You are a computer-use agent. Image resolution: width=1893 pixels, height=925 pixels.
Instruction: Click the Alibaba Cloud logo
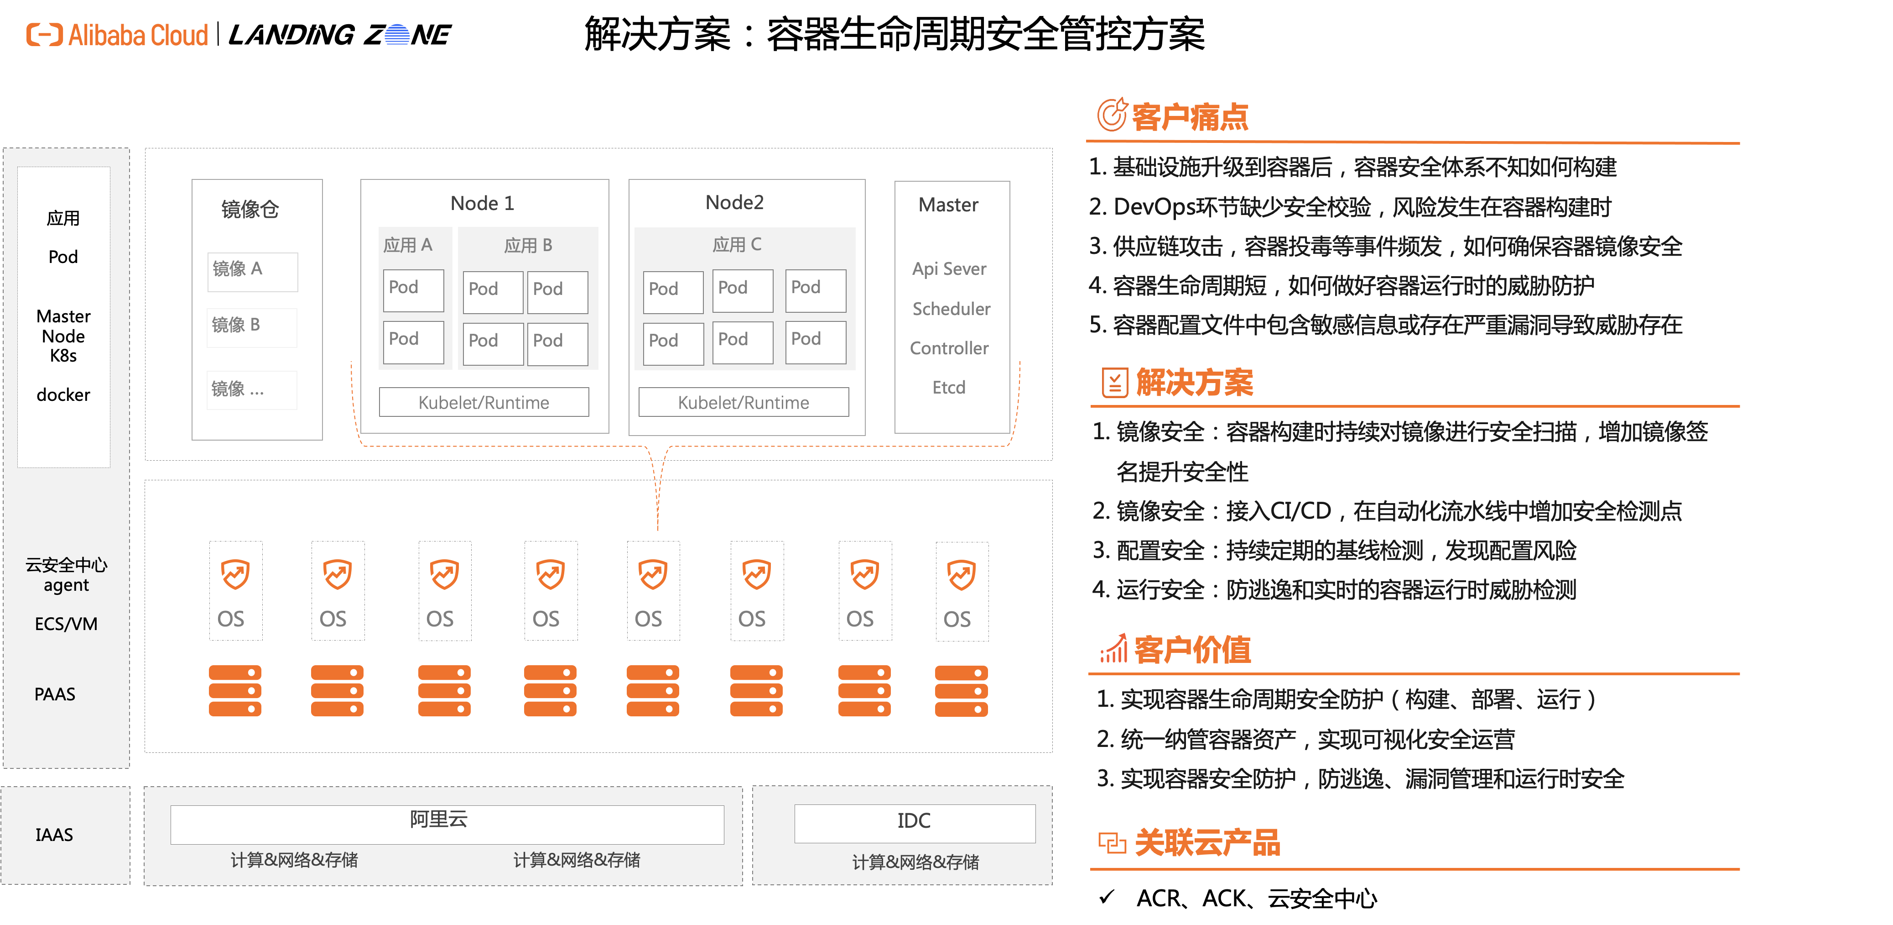[x=118, y=35]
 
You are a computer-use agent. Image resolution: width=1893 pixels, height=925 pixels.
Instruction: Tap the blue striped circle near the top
[x=397, y=35]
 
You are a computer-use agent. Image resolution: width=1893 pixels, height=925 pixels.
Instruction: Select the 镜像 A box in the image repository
[x=252, y=271]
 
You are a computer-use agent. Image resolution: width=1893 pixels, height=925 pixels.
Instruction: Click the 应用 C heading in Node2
[x=736, y=245]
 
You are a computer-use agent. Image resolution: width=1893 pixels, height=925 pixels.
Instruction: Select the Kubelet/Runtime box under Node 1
[x=484, y=402]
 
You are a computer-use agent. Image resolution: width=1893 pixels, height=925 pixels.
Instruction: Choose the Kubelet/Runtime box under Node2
[x=743, y=402]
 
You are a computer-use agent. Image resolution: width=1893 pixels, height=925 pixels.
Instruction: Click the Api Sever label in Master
[x=949, y=269]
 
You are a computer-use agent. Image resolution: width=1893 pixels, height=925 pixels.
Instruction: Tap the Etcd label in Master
[x=949, y=388]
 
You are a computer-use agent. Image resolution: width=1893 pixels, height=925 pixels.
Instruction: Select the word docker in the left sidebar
[x=63, y=395]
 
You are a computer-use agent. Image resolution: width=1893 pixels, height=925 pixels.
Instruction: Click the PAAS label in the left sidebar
[x=55, y=694]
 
